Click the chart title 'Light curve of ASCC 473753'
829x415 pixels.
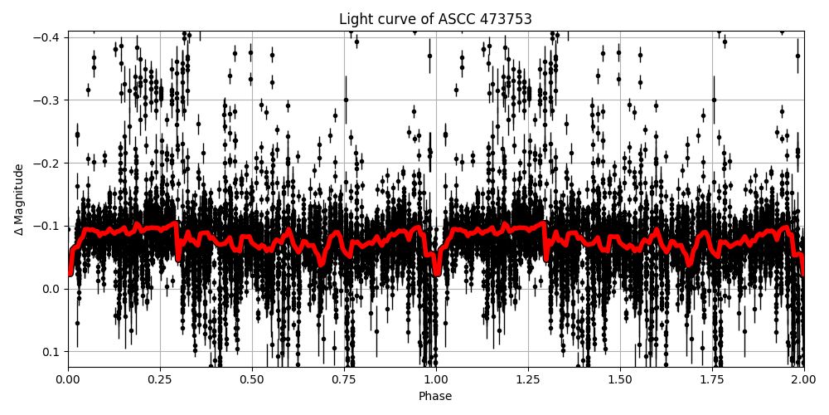(x=435, y=19)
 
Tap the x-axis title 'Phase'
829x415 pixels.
(x=435, y=397)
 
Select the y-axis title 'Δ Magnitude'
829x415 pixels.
(x=19, y=199)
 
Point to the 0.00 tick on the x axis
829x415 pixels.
(x=68, y=379)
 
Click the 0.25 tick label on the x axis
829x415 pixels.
(x=160, y=379)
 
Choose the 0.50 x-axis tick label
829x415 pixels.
(x=252, y=379)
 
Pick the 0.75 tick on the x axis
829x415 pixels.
(x=344, y=379)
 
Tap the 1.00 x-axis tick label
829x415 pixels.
(x=436, y=379)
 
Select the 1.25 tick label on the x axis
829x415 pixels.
(x=528, y=379)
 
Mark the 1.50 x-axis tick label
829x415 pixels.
(x=620, y=379)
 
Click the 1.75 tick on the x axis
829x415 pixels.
(x=712, y=379)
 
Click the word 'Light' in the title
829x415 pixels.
(x=355, y=19)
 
